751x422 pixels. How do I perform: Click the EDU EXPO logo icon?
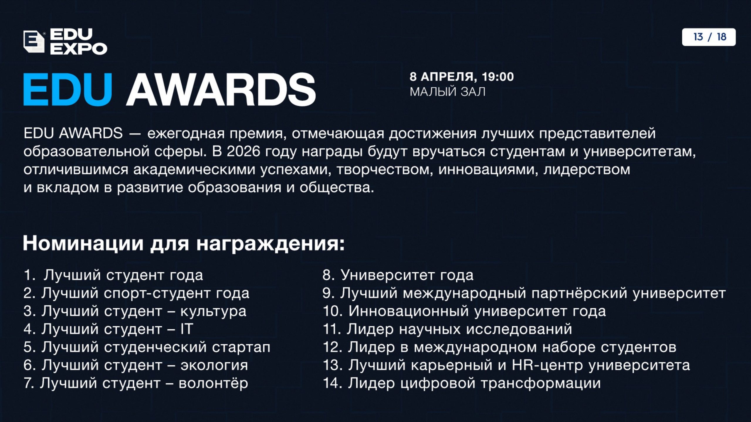coord(34,42)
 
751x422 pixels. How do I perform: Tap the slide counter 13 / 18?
coord(709,37)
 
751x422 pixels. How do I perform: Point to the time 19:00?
coord(498,77)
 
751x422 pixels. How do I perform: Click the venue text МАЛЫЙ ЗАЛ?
coord(448,92)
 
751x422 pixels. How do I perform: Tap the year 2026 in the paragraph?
coord(243,152)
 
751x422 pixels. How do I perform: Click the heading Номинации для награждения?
coord(184,244)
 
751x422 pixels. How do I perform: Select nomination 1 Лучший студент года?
coord(113,275)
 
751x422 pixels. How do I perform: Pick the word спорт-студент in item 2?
coord(157,293)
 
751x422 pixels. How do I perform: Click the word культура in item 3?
coord(213,311)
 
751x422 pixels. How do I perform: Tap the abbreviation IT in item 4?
coord(187,329)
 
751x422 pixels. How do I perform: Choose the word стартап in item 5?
coord(241,347)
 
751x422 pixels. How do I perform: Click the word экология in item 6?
coord(214,365)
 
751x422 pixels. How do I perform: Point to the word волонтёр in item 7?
coord(213,383)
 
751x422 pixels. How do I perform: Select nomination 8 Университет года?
coord(398,275)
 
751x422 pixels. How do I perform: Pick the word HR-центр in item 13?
coord(547,365)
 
